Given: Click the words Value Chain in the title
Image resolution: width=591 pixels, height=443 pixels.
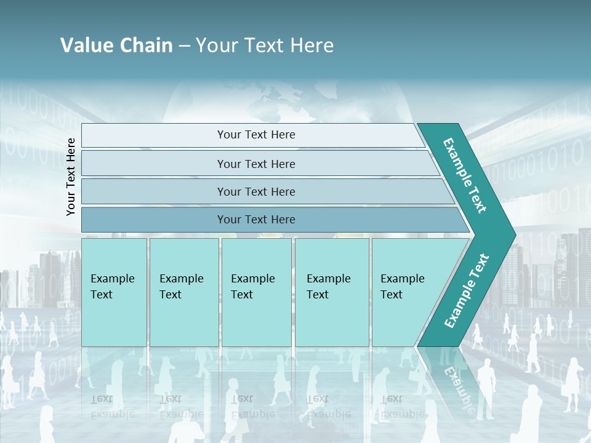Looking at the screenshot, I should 116,46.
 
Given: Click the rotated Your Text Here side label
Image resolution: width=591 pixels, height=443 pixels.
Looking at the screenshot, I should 71,177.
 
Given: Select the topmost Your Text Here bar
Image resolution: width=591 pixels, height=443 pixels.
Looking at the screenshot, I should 256,135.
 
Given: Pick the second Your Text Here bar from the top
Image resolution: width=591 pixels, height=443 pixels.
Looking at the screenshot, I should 256,164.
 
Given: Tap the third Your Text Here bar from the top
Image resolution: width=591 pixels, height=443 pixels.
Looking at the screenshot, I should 256,191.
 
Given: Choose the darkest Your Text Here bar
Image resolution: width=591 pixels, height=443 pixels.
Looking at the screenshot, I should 256,220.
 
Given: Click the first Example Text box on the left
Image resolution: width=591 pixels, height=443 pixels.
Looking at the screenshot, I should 114,292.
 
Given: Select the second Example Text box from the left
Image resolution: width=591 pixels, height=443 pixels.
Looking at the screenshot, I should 183,292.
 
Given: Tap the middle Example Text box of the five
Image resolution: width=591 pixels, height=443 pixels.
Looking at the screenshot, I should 256,292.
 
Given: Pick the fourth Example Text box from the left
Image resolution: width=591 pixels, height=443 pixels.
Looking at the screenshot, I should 331,292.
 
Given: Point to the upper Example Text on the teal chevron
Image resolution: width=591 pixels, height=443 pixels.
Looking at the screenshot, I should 465,175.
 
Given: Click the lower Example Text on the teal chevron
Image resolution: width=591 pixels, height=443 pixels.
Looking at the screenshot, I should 467,290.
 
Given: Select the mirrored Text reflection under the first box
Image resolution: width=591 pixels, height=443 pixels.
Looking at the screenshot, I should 102,399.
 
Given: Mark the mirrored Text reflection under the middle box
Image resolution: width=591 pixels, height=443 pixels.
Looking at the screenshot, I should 242,399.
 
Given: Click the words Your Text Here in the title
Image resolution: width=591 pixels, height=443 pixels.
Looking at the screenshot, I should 265,46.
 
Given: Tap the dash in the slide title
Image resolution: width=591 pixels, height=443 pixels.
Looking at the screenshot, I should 184,46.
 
